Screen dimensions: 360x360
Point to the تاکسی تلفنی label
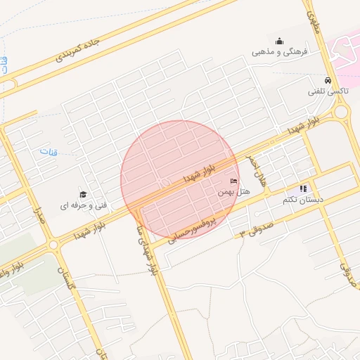[327, 91]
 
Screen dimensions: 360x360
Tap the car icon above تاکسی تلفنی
[328, 80]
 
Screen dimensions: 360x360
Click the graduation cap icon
[83, 195]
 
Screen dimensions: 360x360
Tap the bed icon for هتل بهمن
[234, 181]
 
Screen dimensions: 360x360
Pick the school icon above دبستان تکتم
[304, 188]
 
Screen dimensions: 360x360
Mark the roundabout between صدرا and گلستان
[54, 245]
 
